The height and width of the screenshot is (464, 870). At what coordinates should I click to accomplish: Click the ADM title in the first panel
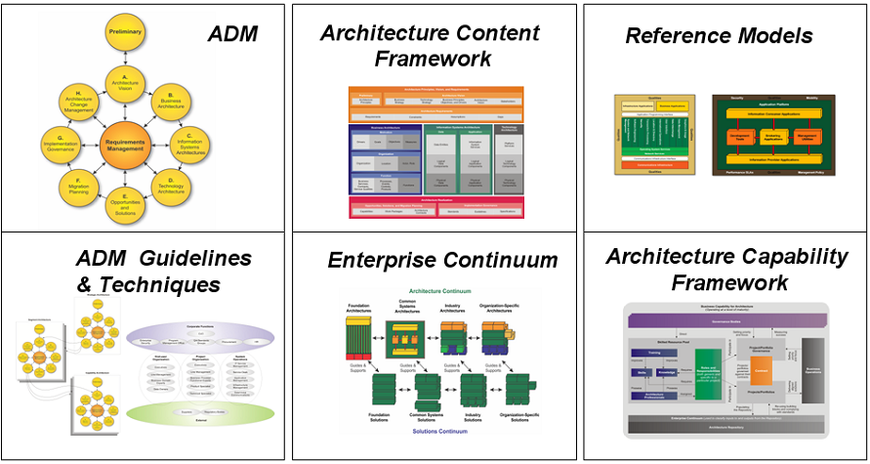pyautogui.click(x=232, y=34)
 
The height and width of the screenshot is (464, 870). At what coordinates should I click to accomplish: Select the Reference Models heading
pyautogui.click(x=719, y=36)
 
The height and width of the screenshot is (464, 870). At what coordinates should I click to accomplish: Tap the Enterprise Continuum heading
pyautogui.click(x=442, y=260)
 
